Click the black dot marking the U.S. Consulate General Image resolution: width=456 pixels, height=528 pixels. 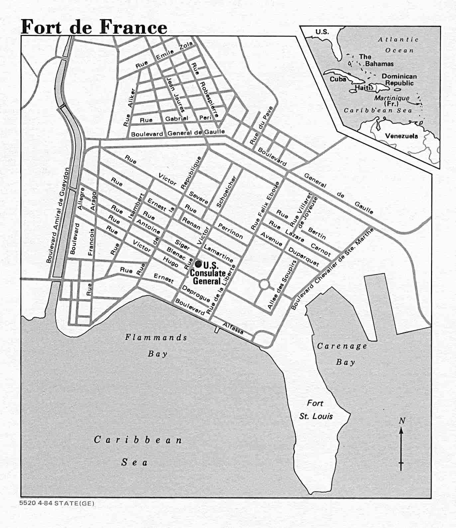(198, 264)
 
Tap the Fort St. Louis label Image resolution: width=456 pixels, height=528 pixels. (315, 410)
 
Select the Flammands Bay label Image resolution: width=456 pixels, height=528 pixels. (156, 345)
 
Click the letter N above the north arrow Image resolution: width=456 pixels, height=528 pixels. (402, 421)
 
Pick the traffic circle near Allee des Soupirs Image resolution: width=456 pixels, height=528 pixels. (264, 284)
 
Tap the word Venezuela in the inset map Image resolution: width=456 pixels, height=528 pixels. (401, 136)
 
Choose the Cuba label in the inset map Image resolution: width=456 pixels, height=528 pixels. (338, 79)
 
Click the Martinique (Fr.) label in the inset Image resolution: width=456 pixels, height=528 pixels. (392, 100)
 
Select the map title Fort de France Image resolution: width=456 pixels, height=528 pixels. (94, 27)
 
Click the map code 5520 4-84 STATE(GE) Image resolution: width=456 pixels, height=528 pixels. (57, 503)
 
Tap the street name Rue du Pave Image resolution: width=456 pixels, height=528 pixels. (261, 125)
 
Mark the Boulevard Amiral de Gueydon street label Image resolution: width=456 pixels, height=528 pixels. (58, 215)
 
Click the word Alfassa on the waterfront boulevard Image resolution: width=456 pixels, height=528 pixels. (233, 328)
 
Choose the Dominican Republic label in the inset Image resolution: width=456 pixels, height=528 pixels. (399, 79)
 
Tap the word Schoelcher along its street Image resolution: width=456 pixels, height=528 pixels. (226, 192)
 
